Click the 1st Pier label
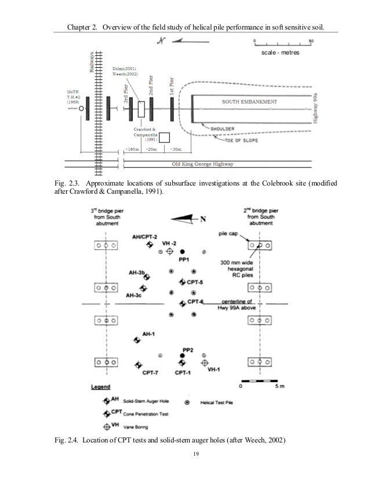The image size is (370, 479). click(172, 86)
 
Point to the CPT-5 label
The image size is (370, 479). click(195, 282)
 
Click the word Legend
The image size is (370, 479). click(101, 387)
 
